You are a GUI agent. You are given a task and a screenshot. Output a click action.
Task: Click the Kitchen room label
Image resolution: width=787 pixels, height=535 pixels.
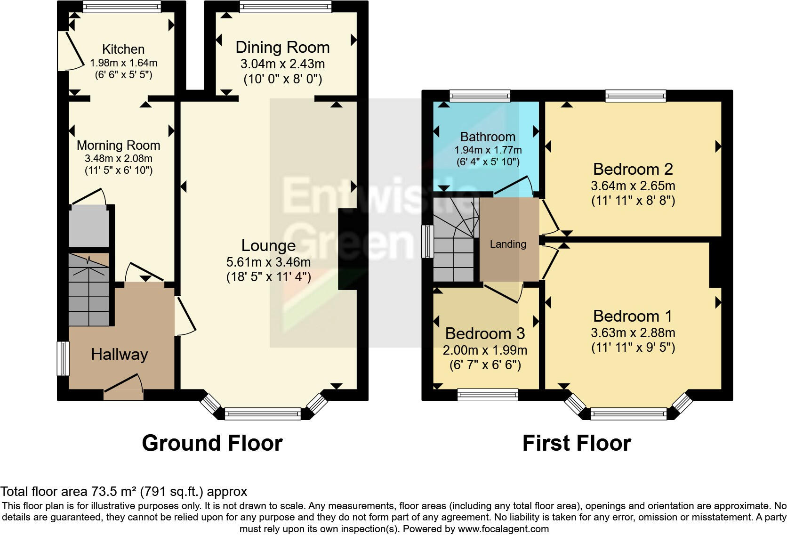[x=123, y=49]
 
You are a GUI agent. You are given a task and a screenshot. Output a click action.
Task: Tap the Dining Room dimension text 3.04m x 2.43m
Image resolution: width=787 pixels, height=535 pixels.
[x=282, y=64]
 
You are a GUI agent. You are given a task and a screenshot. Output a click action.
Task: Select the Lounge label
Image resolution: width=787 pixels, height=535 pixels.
[x=268, y=245]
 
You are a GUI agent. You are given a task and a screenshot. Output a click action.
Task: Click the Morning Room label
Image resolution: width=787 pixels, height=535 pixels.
[x=119, y=145]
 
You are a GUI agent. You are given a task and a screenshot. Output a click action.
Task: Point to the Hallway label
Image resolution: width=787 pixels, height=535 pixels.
[x=120, y=354]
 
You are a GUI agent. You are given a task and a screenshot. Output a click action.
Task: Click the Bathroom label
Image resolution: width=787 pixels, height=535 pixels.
[x=488, y=137]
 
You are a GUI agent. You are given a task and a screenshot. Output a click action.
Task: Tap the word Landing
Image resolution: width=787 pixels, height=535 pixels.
[x=508, y=244]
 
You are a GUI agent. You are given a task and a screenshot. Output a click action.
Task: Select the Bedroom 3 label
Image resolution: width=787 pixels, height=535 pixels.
[x=485, y=333]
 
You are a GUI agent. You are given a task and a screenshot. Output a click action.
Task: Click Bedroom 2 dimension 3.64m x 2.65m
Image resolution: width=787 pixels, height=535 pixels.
[x=633, y=186]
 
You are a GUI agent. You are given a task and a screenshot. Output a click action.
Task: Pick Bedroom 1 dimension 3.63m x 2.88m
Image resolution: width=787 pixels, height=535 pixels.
[x=633, y=332]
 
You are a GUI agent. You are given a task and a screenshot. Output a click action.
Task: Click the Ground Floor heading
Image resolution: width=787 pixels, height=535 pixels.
[x=212, y=443]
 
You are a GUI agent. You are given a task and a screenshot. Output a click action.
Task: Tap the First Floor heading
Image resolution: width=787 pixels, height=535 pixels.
[x=577, y=443]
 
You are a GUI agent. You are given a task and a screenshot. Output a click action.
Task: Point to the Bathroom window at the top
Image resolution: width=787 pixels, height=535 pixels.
[x=480, y=96]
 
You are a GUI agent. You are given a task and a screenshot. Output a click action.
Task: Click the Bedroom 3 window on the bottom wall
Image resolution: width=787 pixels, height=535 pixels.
[x=488, y=394]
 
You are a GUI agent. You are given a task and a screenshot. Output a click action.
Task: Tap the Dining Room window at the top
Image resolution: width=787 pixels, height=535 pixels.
[x=285, y=7]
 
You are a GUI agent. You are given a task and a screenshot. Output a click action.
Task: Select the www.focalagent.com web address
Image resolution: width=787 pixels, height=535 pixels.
[x=503, y=529]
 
